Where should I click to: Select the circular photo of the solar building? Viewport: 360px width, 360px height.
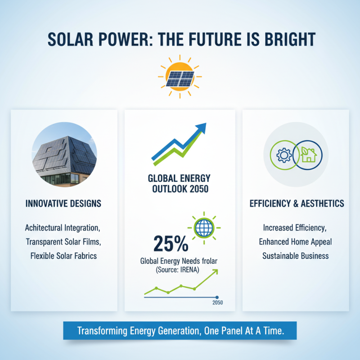point(64,152)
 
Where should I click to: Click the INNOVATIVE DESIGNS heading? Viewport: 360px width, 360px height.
point(64,203)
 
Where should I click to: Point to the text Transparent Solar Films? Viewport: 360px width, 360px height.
point(64,242)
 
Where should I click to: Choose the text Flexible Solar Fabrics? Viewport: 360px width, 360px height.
point(64,256)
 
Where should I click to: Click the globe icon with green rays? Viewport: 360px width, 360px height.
point(203,228)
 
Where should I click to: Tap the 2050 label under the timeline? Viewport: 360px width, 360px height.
point(217,302)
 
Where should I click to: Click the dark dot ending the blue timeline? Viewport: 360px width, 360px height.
point(217,297)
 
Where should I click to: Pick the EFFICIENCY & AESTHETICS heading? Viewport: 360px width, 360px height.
point(297,203)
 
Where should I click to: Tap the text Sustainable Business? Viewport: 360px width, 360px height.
point(296,256)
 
